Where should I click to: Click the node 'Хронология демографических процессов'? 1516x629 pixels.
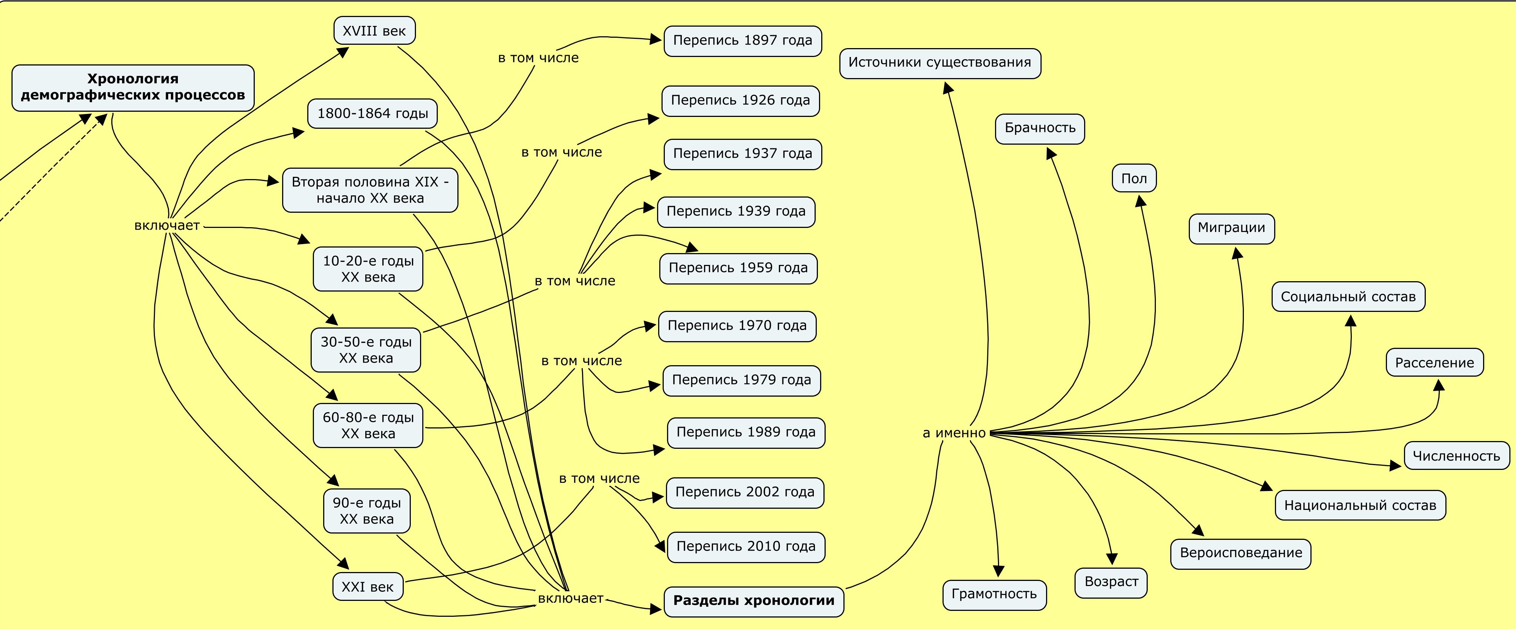[133, 87]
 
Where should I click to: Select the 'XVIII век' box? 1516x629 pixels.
[374, 31]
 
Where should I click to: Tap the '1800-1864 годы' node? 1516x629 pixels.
[372, 113]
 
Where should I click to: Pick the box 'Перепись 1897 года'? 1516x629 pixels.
[743, 41]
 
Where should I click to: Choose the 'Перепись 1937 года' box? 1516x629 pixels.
[743, 154]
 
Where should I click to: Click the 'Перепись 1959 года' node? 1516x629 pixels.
[738, 268]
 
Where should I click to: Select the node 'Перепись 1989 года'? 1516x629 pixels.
[746, 432]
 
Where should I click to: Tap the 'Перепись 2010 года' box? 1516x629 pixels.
[746, 546]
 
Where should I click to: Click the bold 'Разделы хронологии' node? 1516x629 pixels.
[754, 601]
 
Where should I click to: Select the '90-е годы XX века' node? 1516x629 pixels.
[367, 511]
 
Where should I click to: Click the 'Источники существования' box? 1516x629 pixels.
[940, 63]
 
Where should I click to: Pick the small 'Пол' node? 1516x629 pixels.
[1134, 178]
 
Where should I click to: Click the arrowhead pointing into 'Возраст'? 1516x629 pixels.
[1112, 559]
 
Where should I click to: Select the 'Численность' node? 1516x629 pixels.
[1456, 456]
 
